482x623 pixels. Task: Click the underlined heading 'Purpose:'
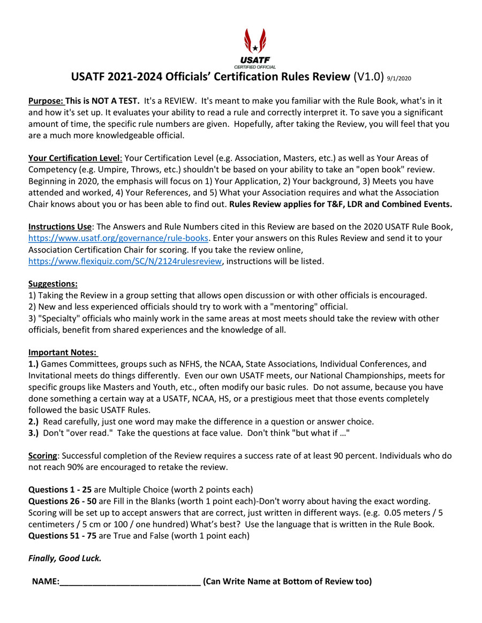tap(46, 101)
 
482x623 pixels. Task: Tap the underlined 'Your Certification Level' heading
tap(75, 158)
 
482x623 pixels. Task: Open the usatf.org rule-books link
tap(118, 238)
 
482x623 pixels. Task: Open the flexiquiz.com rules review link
tap(124, 261)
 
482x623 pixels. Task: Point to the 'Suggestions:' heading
tap(53, 284)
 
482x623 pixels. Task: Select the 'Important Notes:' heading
tap(63, 353)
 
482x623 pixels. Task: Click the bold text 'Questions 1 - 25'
tap(60, 490)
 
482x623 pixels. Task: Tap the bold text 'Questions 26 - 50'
tap(62, 501)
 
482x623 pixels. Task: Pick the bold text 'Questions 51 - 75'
tap(62, 535)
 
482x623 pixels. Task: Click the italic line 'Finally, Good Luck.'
tap(65, 558)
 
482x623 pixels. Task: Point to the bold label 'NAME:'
tap(46, 581)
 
